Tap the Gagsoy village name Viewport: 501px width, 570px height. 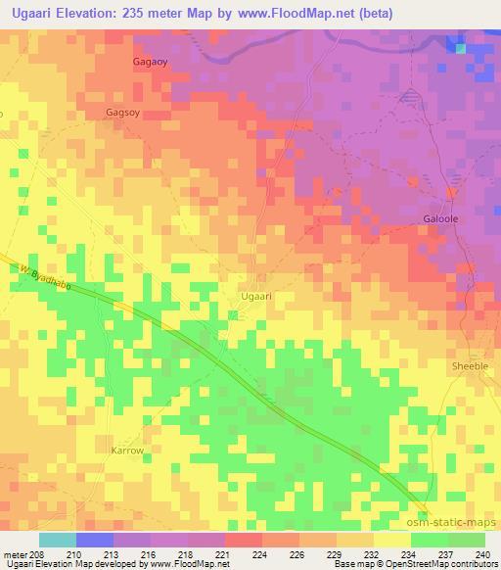pos(125,113)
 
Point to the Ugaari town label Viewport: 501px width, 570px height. pos(255,294)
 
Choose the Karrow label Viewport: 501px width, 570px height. pos(127,451)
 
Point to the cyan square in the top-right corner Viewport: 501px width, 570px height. pos(460,47)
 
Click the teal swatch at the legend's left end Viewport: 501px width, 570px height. pos(58,540)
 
